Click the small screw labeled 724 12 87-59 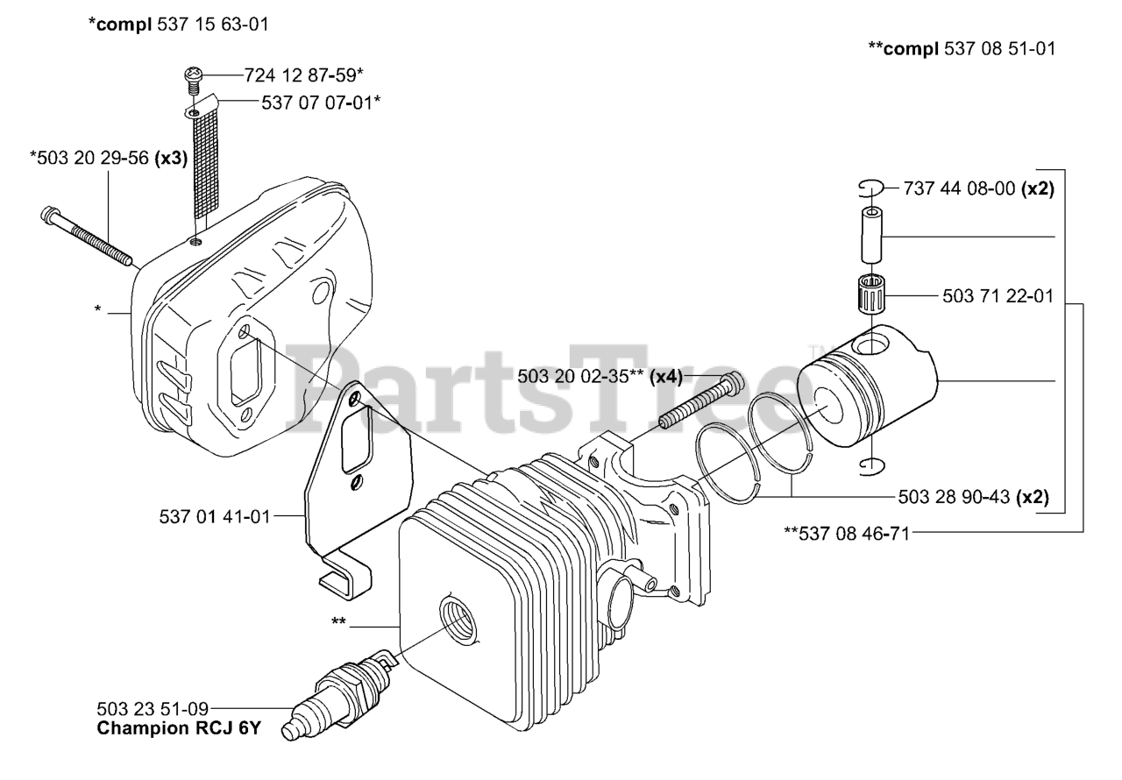click(193, 79)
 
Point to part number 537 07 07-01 click(321, 103)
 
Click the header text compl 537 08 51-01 click(961, 49)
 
